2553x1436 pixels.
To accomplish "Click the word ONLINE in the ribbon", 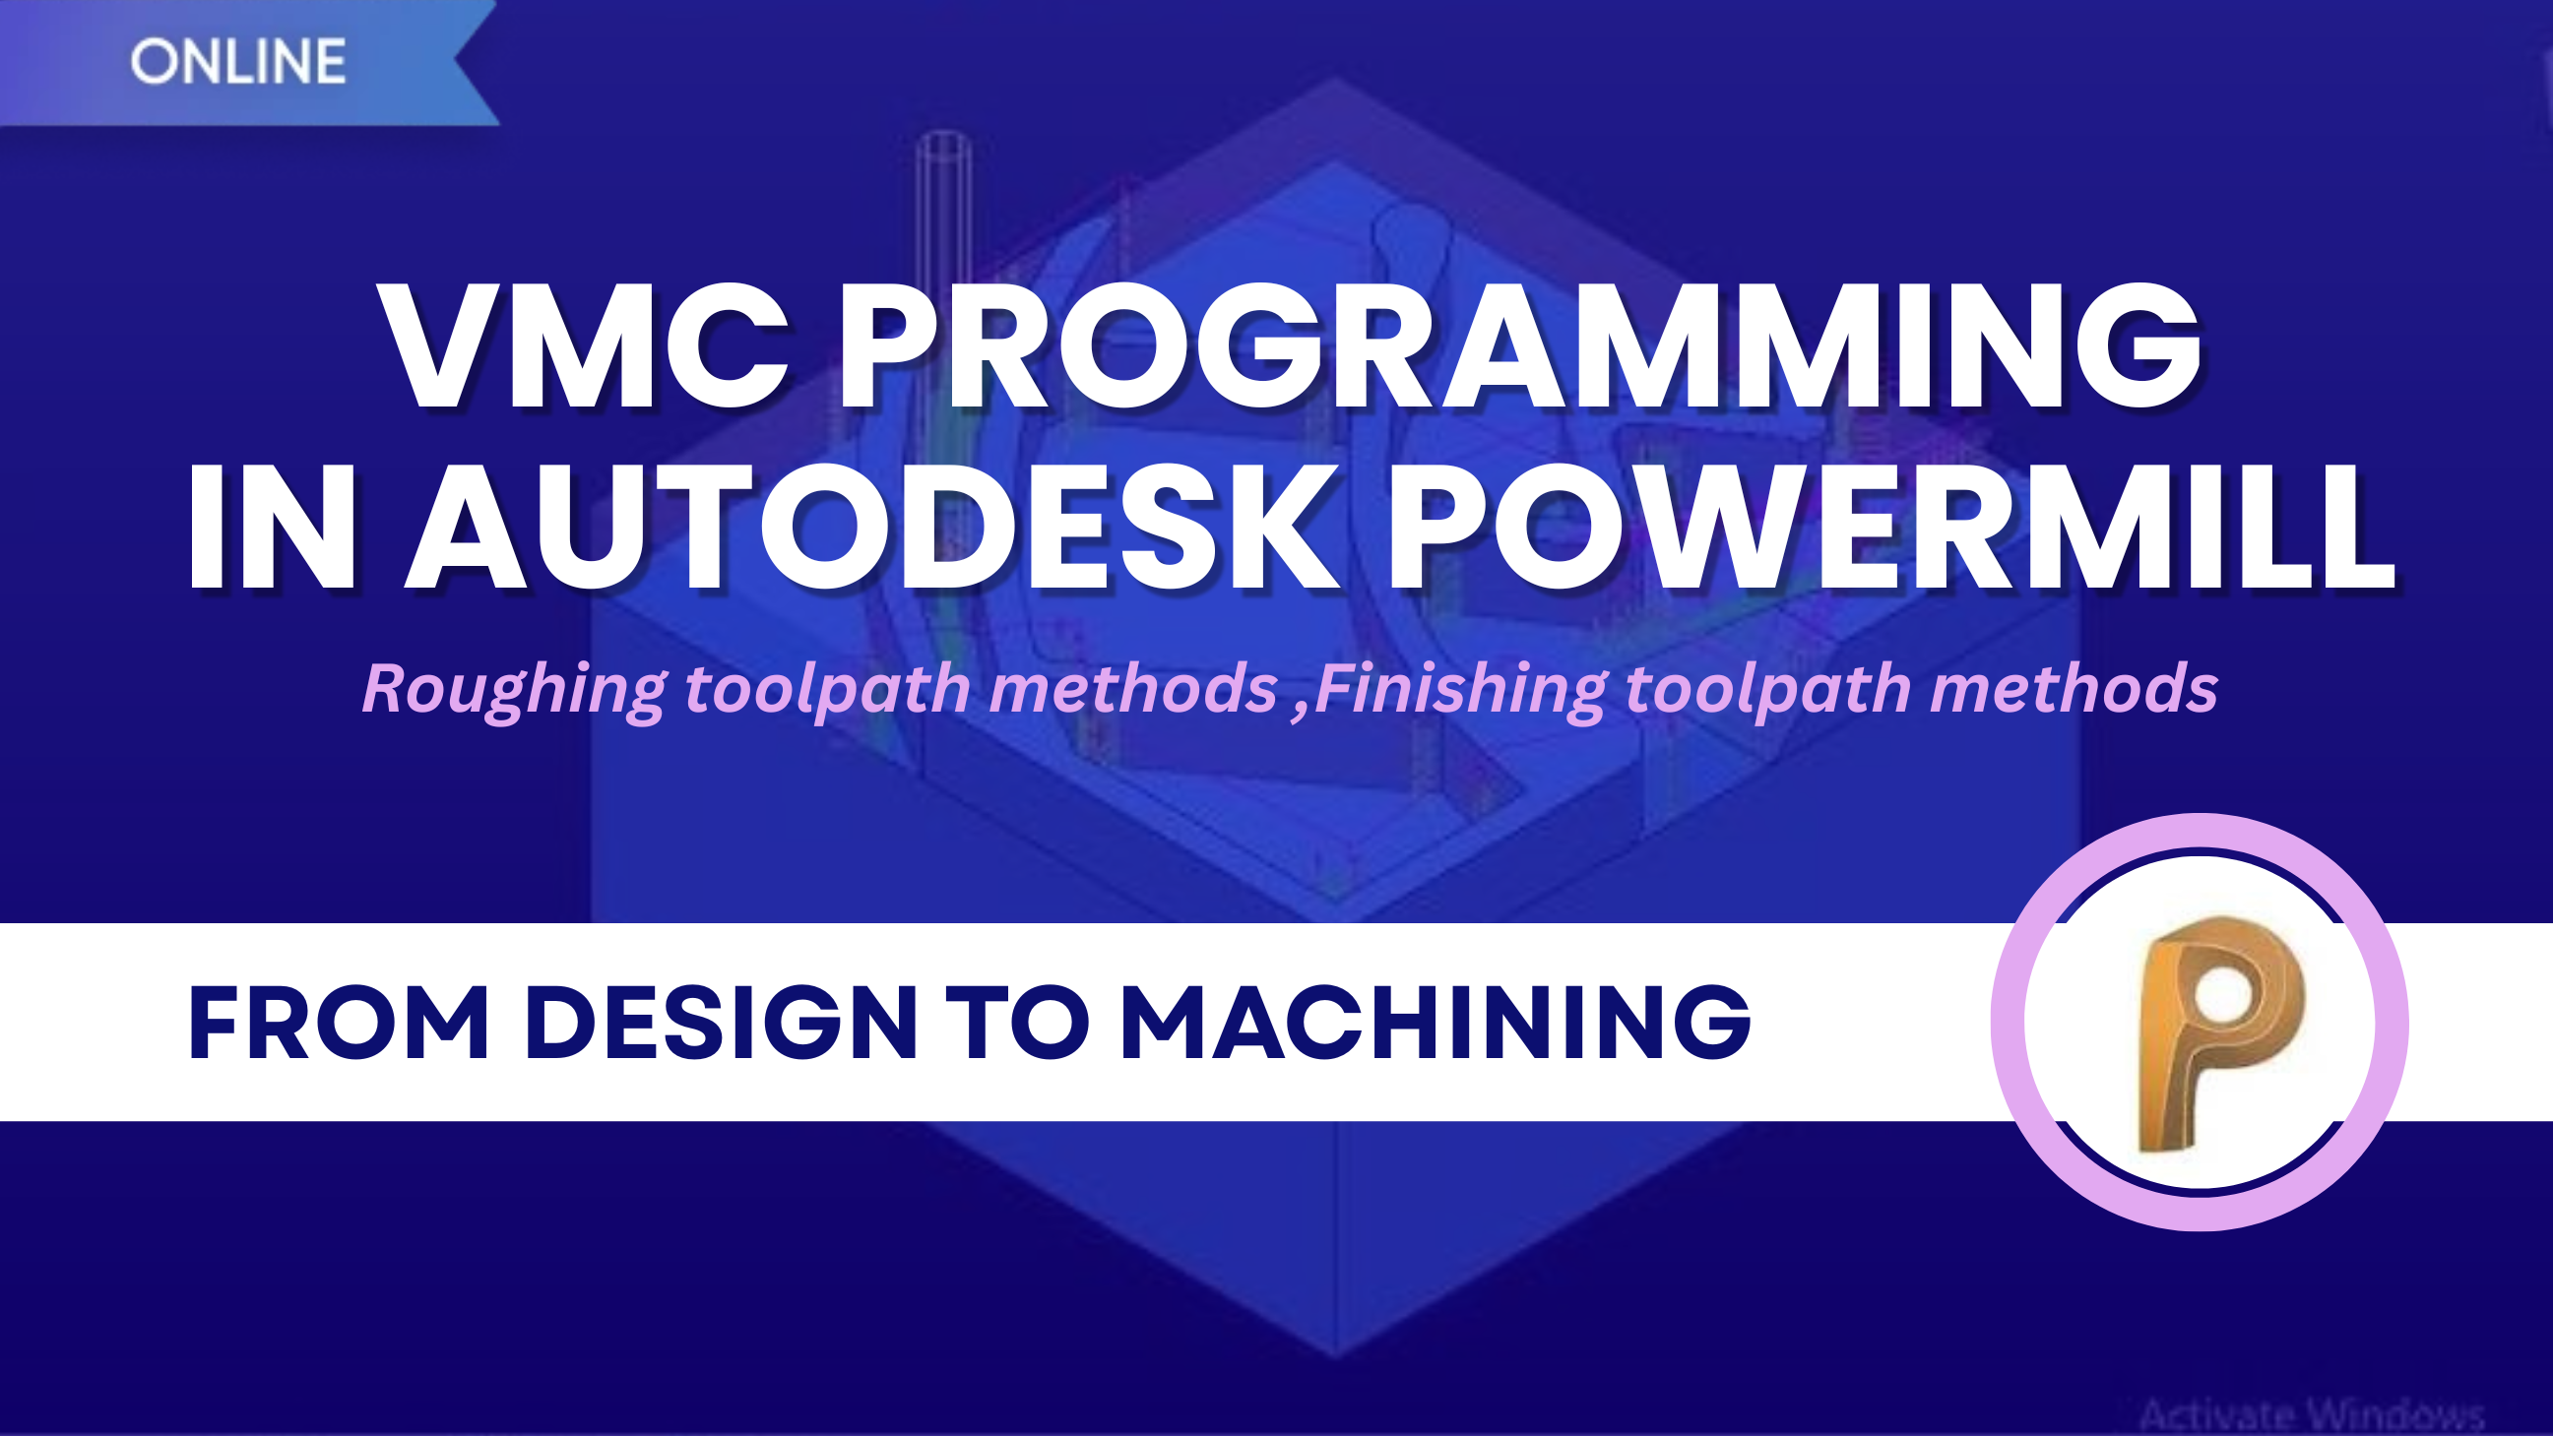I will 238,61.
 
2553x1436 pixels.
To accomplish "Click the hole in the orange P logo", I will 2224,993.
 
